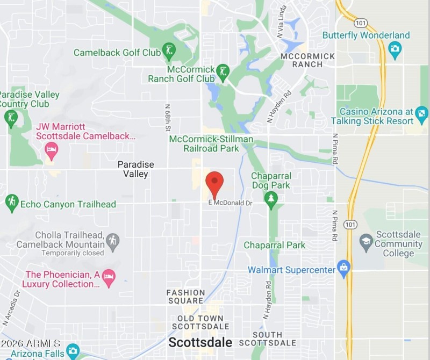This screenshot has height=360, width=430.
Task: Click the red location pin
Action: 214,183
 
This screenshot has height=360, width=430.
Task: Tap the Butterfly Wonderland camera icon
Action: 396,50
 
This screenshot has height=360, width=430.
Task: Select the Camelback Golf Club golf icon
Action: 169,52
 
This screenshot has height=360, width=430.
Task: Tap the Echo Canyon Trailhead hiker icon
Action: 11,203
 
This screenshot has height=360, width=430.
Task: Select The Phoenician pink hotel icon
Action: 109,277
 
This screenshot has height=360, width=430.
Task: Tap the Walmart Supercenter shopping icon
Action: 343,267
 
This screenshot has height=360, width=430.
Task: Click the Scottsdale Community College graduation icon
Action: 366,241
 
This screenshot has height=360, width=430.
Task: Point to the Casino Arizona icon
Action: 421,113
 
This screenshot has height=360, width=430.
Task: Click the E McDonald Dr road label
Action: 230,203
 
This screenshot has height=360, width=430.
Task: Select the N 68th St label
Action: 167,118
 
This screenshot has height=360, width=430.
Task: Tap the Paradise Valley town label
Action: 136,169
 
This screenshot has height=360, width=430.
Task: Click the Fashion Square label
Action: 185,297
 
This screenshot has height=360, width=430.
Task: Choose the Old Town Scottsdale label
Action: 200,322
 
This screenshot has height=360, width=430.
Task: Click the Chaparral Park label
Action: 274,245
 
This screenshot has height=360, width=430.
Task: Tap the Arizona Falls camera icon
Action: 73,351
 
